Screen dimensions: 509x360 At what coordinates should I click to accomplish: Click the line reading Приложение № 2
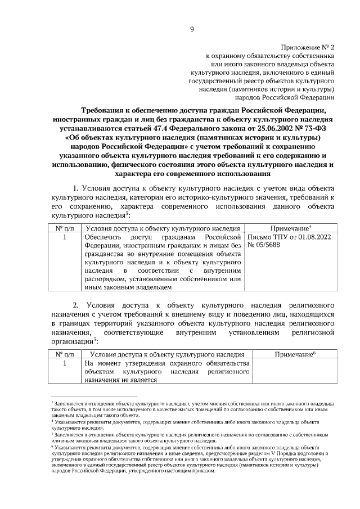coord(307,48)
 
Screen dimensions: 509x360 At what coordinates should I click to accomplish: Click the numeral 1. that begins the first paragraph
coord(78,187)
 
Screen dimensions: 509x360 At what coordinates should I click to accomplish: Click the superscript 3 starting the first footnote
coord(52,403)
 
